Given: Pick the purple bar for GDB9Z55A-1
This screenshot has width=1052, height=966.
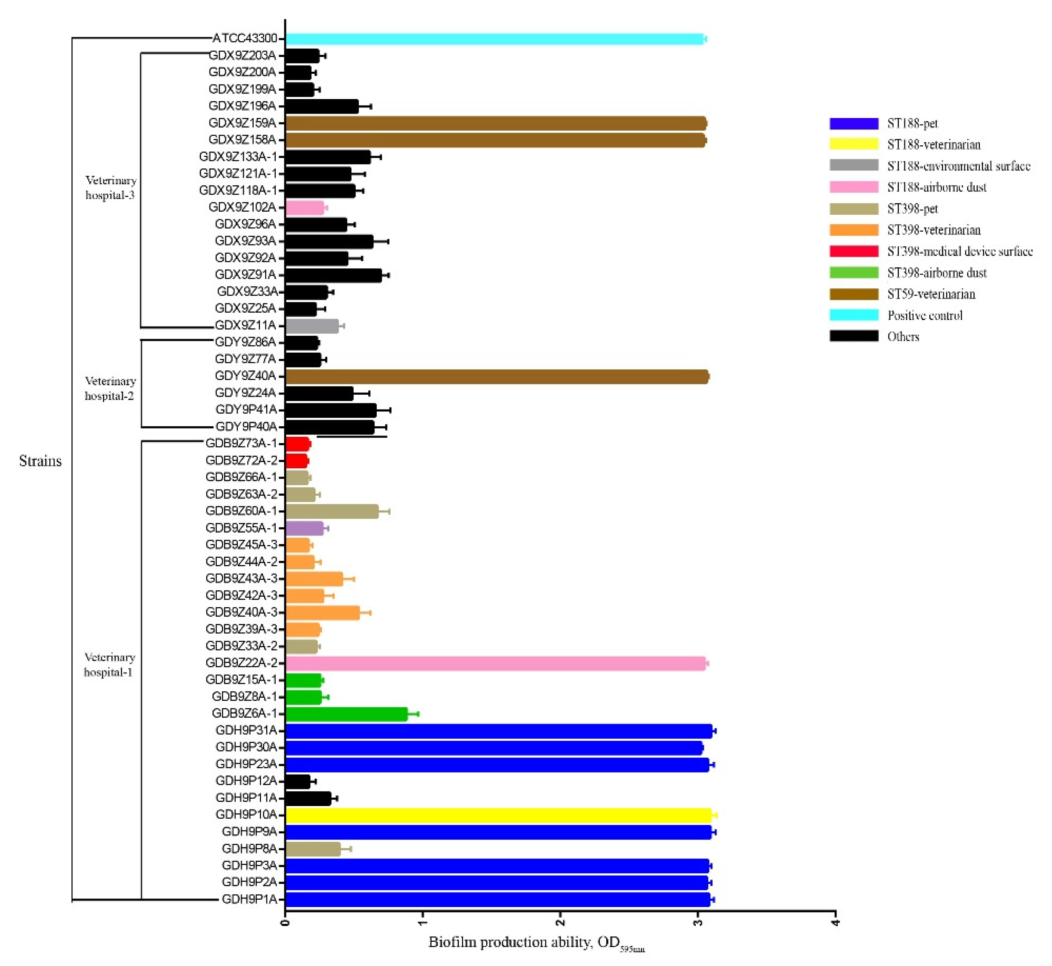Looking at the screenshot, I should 304,528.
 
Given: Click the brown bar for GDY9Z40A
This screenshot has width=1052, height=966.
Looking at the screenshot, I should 497,376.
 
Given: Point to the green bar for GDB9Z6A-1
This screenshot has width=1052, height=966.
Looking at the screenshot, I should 346,714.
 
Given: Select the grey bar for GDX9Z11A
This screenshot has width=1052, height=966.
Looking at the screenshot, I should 312,326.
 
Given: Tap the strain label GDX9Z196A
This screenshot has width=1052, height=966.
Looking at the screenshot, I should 242,106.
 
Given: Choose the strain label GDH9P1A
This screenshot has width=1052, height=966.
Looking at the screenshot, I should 249,899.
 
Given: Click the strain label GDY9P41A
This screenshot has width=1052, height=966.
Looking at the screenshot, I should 246,409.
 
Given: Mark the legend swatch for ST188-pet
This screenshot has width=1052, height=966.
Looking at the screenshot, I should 853,124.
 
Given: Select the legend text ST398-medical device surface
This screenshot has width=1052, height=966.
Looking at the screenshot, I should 959,251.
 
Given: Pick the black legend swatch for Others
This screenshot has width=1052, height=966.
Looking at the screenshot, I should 853,336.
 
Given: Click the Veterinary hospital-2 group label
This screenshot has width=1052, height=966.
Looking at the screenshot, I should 110,389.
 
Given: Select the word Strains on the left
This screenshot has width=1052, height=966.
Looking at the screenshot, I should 40,461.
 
